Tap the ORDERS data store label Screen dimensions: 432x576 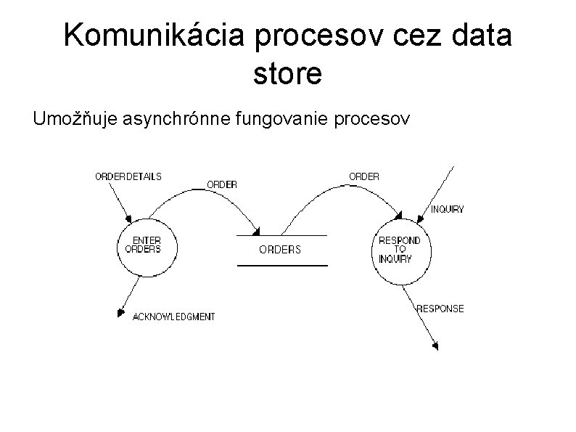point(280,250)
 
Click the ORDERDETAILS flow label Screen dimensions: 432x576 point(128,176)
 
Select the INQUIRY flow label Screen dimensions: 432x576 point(448,209)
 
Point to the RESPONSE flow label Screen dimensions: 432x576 point(440,309)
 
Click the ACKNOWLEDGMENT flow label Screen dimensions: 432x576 point(173,317)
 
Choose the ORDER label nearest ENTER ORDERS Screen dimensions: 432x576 point(222,184)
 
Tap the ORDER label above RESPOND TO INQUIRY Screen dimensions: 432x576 point(364,176)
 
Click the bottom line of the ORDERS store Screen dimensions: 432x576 point(283,266)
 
